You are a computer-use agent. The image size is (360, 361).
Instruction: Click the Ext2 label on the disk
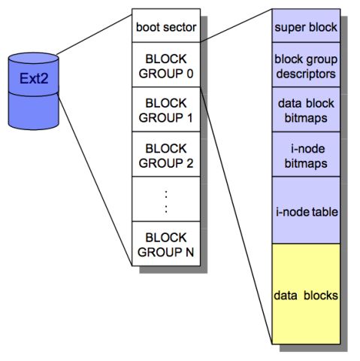[34, 78]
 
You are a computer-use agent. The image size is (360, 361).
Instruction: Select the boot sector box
[166, 26]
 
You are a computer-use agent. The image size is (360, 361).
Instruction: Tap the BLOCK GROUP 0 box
[166, 65]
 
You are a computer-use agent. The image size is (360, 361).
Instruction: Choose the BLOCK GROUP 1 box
[166, 109]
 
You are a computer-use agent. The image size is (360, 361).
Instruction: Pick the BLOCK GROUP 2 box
[166, 154]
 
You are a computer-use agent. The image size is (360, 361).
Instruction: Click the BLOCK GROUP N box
[166, 244]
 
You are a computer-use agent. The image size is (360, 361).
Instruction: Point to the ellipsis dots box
[166, 199]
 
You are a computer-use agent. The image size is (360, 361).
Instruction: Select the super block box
[306, 26]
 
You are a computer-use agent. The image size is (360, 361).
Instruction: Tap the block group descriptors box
[306, 65]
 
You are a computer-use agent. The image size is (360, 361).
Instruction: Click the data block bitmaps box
[306, 109]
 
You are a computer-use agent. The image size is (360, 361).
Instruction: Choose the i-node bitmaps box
[306, 154]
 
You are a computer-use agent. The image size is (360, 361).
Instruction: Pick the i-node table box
[306, 210]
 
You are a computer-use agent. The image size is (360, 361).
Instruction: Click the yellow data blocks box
[306, 294]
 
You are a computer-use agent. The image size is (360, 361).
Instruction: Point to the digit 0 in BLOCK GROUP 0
[190, 74]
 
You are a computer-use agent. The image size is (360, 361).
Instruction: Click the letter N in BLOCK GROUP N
[189, 252]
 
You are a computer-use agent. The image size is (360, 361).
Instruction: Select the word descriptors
[306, 74]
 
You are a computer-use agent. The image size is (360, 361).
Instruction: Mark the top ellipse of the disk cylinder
[34, 58]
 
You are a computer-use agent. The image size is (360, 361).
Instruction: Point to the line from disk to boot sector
[94, 35]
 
